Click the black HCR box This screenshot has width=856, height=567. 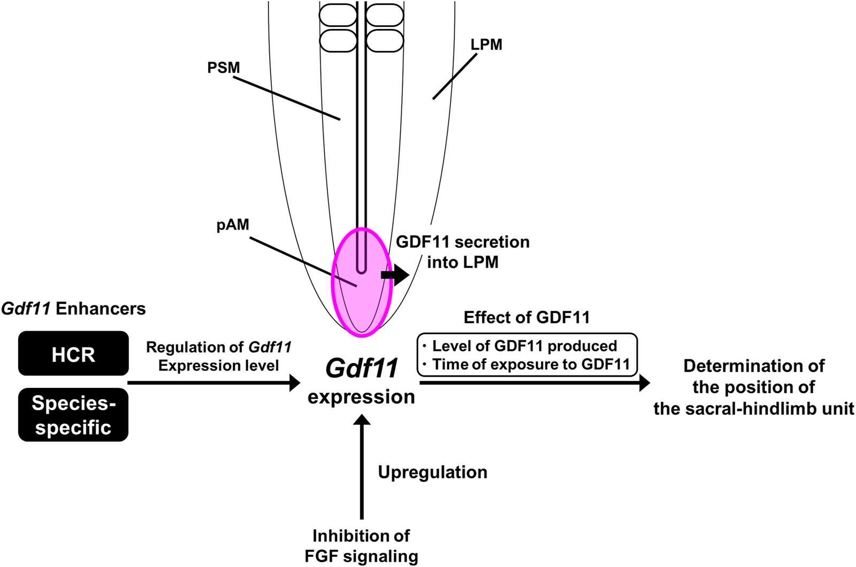[73, 354]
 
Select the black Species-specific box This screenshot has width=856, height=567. [73, 415]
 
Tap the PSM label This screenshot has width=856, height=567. [224, 68]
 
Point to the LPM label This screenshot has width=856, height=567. [486, 44]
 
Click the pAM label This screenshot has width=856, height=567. [233, 225]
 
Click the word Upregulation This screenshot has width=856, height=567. [432, 472]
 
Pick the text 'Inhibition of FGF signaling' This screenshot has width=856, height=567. [361, 546]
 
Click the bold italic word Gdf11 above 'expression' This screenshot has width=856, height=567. [362, 369]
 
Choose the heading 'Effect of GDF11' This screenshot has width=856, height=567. [526, 318]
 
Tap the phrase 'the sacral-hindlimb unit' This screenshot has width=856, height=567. [753, 409]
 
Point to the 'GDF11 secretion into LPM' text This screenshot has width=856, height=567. [463, 251]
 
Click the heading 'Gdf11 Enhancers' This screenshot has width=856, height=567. [73, 309]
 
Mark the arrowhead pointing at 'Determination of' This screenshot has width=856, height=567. [644, 382]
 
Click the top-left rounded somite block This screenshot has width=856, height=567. [338, 14]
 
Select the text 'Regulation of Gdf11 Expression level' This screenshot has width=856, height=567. [218, 356]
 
